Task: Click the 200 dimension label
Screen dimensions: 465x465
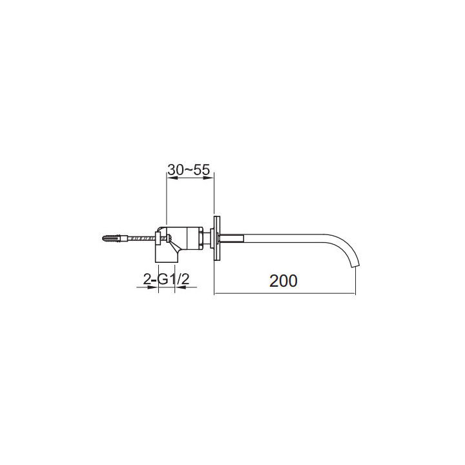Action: coord(284,280)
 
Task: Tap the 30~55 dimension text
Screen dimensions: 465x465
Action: coord(189,170)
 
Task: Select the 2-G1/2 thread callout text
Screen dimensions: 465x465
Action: coord(166,279)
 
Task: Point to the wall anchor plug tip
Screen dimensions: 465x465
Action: coord(103,238)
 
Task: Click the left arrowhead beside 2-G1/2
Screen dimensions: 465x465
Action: coord(153,287)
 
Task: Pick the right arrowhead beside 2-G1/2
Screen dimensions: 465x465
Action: coord(180,287)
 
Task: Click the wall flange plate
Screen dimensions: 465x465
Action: coord(217,238)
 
